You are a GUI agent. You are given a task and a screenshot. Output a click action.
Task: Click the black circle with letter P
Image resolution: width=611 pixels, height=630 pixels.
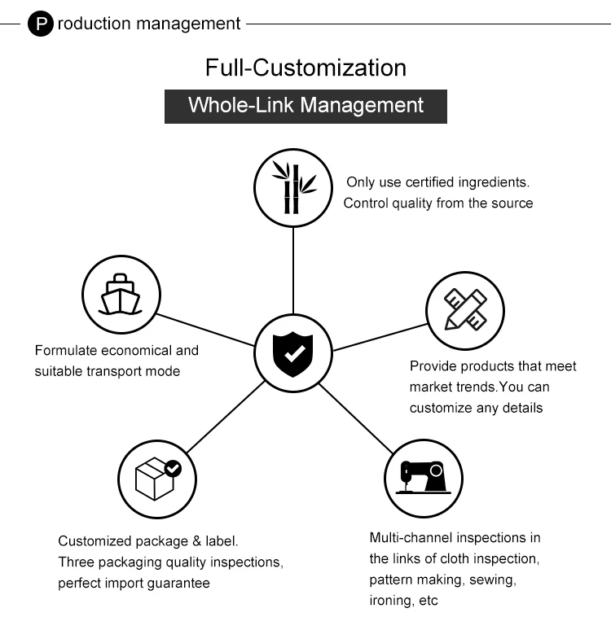click(x=41, y=24)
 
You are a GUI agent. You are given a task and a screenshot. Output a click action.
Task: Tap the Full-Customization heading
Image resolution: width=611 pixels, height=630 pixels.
click(x=305, y=67)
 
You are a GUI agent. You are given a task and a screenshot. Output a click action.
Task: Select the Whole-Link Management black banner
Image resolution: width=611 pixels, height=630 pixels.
click(x=305, y=105)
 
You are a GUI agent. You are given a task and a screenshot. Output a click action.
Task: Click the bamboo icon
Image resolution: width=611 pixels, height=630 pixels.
click(x=294, y=188)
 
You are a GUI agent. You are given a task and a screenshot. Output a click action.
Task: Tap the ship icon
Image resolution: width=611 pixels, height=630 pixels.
click(x=121, y=294)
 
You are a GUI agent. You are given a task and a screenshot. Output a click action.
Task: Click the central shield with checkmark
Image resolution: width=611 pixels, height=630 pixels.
click(x=294, y=353)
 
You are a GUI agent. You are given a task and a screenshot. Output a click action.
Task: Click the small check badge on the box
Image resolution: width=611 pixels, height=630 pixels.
click(x=174, y=468)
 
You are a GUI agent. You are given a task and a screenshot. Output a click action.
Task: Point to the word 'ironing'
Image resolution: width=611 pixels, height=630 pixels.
click(x=391, y=602)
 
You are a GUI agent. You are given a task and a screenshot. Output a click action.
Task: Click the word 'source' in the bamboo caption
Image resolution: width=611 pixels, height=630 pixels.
click(x=512, y=203)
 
